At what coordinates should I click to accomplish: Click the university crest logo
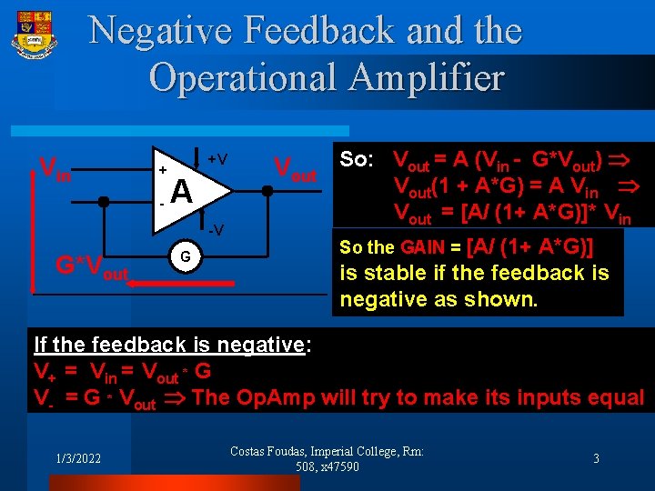point(35,37)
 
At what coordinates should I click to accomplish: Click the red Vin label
point(55,168)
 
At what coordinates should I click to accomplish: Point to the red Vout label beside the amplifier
point(296,168)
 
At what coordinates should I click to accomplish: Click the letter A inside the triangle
point(181,192)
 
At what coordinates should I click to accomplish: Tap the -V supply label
point(214,227)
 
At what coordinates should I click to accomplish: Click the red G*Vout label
point(92,267)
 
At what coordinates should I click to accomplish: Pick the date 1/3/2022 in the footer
point(77,459)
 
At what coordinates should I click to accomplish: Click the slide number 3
point(596,459)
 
